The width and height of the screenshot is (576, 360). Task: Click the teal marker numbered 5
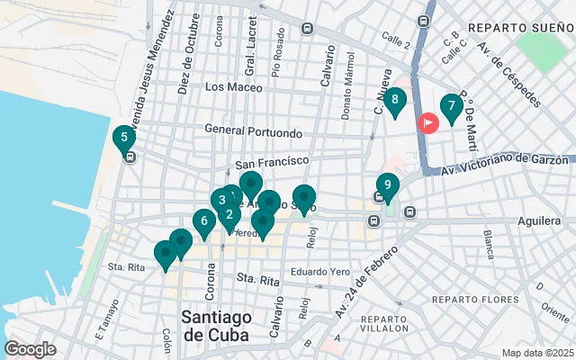coord(123,139)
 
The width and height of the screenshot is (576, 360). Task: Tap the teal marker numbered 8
coord(395,100)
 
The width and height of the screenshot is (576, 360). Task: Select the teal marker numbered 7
coord(451,106)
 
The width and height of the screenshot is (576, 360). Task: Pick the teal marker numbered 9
coord(387,186)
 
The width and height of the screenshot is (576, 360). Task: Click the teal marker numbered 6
coord(204,220)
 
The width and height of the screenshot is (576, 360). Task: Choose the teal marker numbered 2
coord(229,214)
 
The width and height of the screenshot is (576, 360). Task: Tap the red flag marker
coord(428,122)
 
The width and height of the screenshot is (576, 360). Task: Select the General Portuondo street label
coord(253,132)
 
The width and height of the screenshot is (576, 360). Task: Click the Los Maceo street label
coord(233,87)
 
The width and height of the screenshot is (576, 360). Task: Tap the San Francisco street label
coord(265,165)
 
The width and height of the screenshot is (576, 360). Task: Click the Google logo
coord(30,349)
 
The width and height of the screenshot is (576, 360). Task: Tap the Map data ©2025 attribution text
coord(537,353)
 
